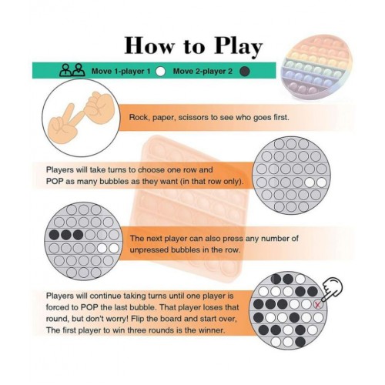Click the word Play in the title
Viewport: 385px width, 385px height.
(x=239, y=47)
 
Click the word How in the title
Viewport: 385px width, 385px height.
(x=149, y=45)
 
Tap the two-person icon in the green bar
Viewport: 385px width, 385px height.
(x=72, y=70)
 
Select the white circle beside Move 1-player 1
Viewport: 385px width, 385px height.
(x=161, y=71)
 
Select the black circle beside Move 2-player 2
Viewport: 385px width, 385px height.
(x=244, y=71)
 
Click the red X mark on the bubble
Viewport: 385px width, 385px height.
(x=318, y=305)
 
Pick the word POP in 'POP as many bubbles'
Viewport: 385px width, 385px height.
(x=55, y=181)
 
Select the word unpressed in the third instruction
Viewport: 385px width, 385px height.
(x=149, y=250)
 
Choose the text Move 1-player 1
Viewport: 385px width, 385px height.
(x=121, y=71)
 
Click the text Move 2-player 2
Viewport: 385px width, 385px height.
(x=203, y=71)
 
